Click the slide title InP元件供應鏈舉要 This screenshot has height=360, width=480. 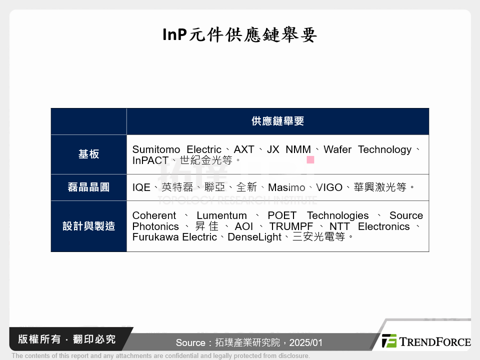[x=240, y=35]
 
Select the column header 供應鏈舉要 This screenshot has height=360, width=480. [x=277, y=121]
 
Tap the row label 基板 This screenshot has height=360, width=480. [x=88, y=154]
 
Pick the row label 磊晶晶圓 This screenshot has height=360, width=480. [x=88, y=187]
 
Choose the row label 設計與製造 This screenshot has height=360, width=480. [x=88, y=226]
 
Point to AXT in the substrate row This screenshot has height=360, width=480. [x=244, y=149]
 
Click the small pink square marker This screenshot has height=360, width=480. [x=310, y=160]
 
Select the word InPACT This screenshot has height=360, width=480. [x=150, y=160]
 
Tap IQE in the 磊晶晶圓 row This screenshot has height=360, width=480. [x=141, y=187]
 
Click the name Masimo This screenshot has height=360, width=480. [x=286, y=187]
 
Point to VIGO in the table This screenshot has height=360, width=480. [x=329, y=187]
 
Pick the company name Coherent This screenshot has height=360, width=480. [x=154, y=215]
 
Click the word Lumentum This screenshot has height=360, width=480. [x=222, y=215]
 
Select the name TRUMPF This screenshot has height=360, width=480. [x=291, y=226]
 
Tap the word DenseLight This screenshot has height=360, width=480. [x=254, y=237]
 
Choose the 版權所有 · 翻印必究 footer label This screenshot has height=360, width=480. [x=66, y=339]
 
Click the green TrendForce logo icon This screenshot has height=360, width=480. [x=389, y=341]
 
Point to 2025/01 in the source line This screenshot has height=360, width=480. [x=306, y=343]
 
